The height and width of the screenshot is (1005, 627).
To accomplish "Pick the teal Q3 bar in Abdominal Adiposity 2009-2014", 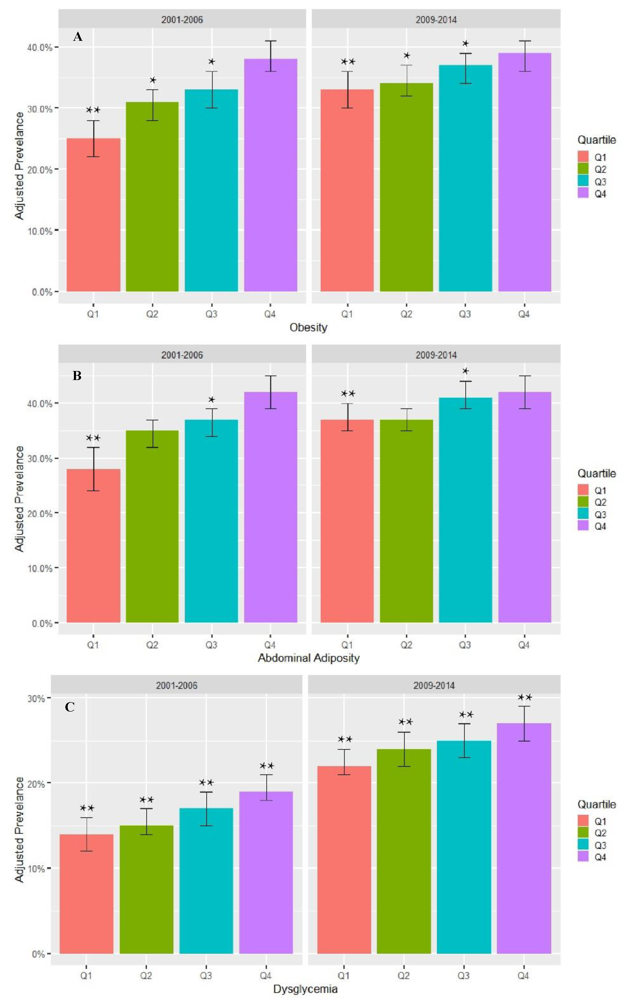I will coord(465,510).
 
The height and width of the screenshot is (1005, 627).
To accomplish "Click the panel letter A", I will coord(78,37).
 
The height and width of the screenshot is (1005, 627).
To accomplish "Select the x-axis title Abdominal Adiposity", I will coord(309,658).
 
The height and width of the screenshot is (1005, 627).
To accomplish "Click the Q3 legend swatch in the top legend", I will coord(583,182).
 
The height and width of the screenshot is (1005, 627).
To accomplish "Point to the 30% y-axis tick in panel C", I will coord(36,699).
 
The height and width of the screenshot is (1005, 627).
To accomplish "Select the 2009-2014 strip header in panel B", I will coord(436,355).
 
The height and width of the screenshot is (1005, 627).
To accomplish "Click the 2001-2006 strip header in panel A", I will coord(182,19).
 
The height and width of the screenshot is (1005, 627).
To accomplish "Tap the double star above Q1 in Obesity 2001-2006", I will coord(93,110).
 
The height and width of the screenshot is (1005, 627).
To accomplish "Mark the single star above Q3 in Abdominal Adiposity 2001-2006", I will coord(212,400).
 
